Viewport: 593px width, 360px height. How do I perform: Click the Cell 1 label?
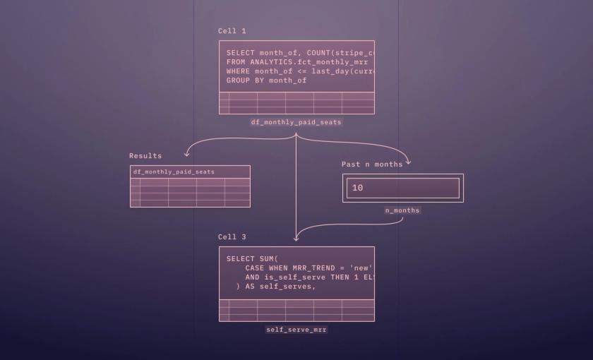(x=232, y=31)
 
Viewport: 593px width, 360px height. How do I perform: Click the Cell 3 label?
(x=232, y=237)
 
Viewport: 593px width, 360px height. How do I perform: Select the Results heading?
(x=145, y=156)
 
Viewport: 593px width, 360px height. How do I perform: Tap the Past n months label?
(x=372, y=164)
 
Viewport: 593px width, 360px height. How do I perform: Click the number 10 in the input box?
(x=357, y=188)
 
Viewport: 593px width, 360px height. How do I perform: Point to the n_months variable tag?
(x=402, y=210)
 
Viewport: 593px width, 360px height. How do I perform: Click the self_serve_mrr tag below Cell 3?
(x=296, y=330)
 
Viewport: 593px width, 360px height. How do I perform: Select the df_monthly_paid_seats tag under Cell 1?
(x=296, y=122)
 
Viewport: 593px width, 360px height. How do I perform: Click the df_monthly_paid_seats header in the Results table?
(x=174, y=172)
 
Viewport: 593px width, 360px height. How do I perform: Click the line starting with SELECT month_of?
(x=299, y=53)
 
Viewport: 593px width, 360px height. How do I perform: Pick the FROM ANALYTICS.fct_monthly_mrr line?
(x=296, y=62)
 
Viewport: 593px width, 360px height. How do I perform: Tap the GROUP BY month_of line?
(x=266, y=80)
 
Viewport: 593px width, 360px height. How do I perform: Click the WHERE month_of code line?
(x=299, y=71)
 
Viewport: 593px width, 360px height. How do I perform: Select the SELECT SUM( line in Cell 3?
(x=252, y=259)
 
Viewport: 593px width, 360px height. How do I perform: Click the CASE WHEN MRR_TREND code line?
(x=308, y=268)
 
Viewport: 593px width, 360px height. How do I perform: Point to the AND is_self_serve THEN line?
(x=308, y=277)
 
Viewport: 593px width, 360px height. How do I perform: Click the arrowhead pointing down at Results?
(x=187, y=153)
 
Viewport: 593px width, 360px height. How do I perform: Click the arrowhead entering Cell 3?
(x=296, y=239)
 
